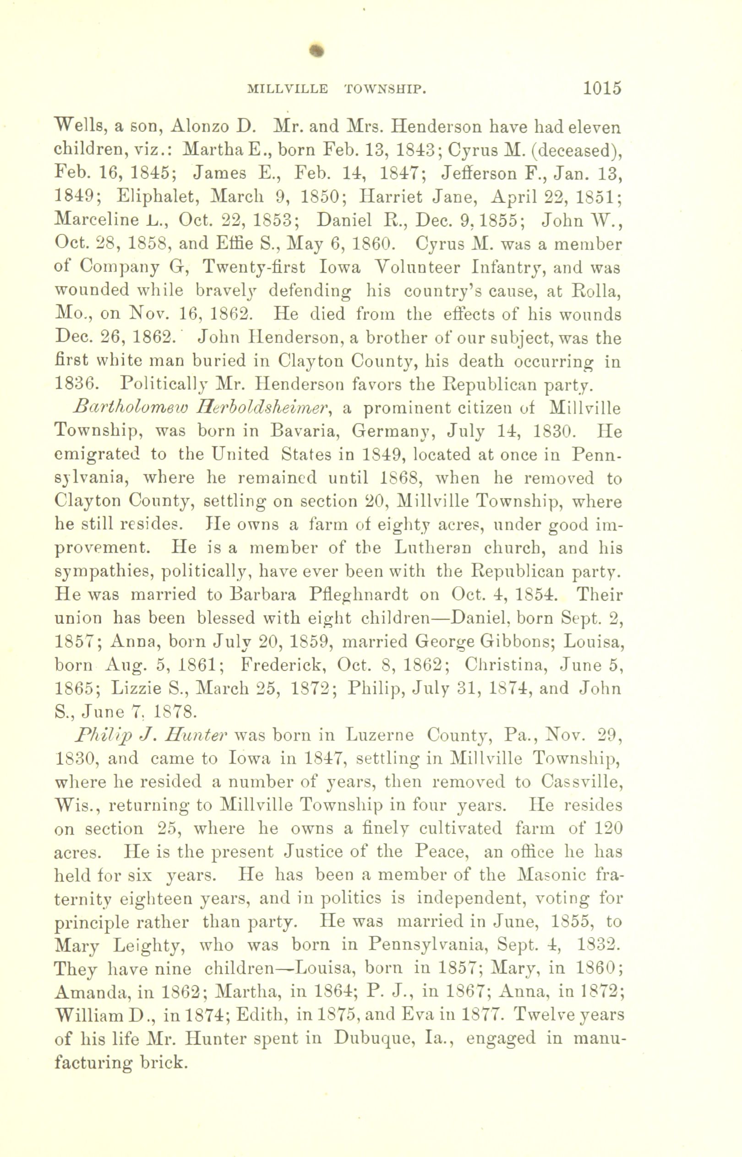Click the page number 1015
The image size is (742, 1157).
point(602,88)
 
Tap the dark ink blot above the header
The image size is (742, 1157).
point(316,51)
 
